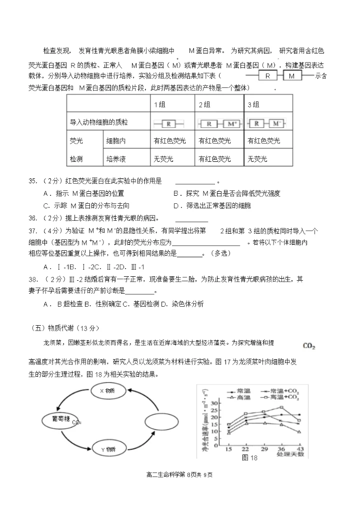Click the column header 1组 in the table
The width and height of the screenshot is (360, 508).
(159, 104)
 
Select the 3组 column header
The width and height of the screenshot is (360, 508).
(253, 104)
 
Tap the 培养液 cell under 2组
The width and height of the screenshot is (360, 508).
(214, 159)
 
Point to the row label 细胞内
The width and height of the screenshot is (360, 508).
(115, 141)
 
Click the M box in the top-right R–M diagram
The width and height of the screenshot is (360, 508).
(292, 76)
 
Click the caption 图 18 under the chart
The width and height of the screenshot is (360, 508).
(249, 458)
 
